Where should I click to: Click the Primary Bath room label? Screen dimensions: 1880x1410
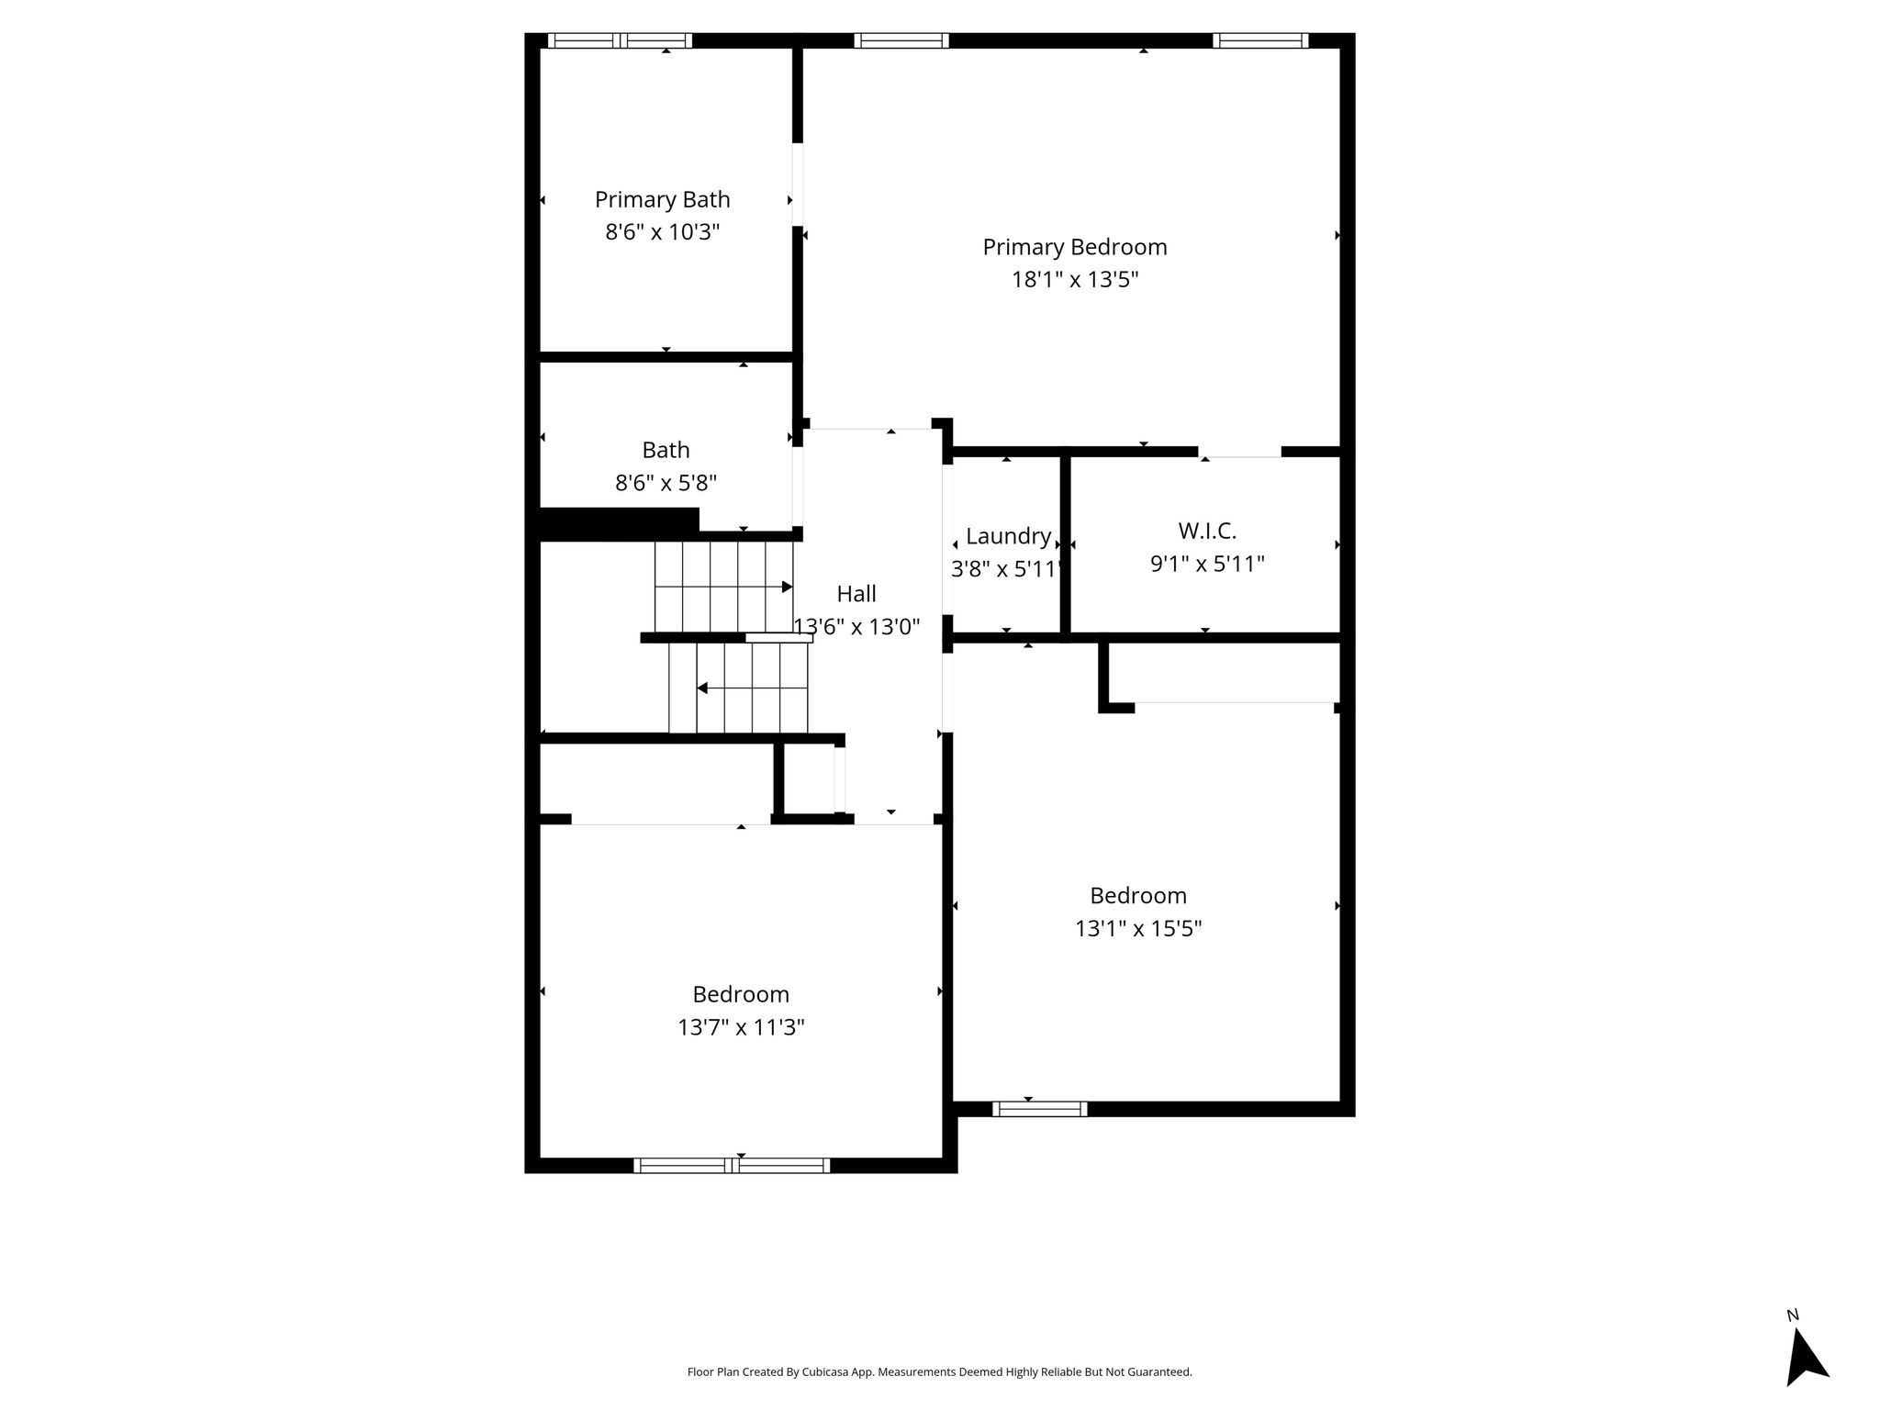pos(662,199)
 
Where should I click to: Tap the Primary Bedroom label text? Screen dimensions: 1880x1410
pos(1075,247)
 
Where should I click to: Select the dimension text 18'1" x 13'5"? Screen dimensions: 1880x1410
pos(1075,279)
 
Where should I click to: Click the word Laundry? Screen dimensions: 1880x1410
pos(1008,537)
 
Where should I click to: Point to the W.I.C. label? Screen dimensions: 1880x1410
pos(1207,531)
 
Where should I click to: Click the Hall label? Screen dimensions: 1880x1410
pos(856,594)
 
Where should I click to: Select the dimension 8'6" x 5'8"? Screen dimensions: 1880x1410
pos(666,483)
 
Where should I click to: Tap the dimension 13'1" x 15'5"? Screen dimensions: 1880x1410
pos(1138,928)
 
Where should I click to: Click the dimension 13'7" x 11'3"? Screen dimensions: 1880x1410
pos(741,1027)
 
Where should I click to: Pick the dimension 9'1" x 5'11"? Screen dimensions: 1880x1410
pos(1207,564)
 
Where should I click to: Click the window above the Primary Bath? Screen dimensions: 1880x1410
pos(621,40)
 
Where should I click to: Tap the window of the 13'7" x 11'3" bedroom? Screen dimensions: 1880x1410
pos(732,1166)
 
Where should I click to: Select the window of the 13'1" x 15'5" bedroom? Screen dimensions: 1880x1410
pos(1040,1109)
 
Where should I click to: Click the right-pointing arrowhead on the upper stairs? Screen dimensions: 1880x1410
pos(787,587)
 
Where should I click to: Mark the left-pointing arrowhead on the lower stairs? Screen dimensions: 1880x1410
pos(702,688)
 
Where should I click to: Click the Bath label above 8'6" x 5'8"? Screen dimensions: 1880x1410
pos(666,450)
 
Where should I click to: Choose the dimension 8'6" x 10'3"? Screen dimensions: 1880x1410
pos(662,231)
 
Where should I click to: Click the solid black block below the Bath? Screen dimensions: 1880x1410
pos(618,523)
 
